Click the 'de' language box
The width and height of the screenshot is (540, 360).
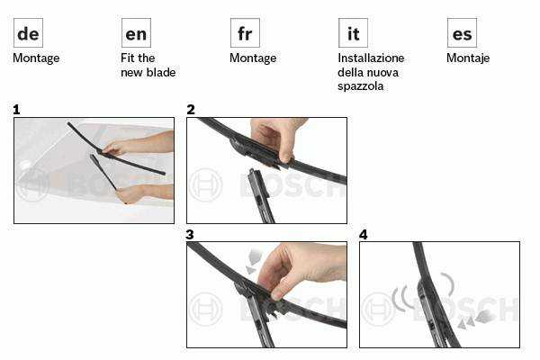coord(28,33)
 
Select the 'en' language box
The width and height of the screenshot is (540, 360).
coord(136,33)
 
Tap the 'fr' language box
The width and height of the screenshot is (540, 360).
coord(245,33)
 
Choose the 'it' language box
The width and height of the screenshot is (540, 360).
coord(353,33)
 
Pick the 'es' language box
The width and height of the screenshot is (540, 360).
coord(462,33)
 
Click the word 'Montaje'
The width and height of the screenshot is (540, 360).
coord(468,58)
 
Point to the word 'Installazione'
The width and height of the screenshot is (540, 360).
coord(371,58)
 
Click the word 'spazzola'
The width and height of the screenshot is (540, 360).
coord(360,86)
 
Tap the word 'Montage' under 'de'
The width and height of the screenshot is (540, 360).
coord(36,58)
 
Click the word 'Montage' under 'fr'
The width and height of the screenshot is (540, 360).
coord(253,58)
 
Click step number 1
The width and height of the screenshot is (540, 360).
coord(16,110)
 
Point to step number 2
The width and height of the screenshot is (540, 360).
coord(191,110)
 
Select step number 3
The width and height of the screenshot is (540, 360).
coord(190,235)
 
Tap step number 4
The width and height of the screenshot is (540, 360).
coord(364,235)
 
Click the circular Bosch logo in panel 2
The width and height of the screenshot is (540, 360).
coord(205,185)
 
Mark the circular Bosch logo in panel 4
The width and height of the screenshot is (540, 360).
coord(379,309)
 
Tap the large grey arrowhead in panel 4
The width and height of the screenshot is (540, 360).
coord(485,316)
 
